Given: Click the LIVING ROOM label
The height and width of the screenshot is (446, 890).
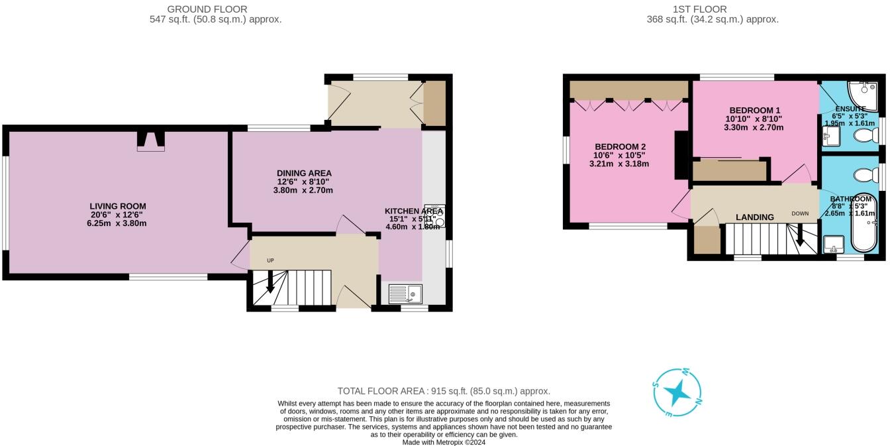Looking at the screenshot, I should tap(118, 206).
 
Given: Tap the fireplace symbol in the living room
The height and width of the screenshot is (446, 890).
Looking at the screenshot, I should tap(151, 140).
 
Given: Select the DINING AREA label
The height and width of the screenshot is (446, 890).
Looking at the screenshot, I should tap(305, 173).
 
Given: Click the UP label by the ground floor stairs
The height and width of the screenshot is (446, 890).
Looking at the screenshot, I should tap(270, 260).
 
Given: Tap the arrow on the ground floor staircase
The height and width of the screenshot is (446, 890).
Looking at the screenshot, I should tap(270, 284).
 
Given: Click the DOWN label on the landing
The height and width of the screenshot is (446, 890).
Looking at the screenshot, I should tap(800, 214).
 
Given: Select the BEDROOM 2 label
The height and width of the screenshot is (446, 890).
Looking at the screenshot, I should tap(620, 146).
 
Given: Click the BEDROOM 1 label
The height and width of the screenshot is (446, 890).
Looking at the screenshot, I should tap(755, 110).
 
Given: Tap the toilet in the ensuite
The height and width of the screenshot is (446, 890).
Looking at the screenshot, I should tap(865, 136).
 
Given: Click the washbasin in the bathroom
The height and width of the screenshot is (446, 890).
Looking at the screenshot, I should tap(832, 246).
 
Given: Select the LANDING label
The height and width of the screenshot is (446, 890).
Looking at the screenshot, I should tap(755, 217).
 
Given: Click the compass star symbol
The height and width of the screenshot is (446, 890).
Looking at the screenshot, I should tap(677, 394).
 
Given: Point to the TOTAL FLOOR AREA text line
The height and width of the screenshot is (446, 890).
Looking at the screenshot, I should tap(444, 391).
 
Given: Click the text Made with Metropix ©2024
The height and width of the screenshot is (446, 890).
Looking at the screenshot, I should tap(444, 442).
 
